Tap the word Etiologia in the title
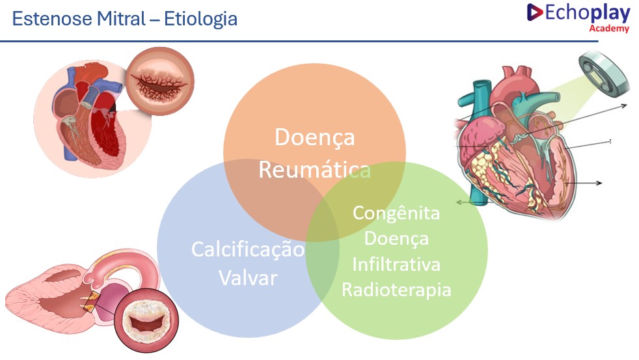pos(200,19)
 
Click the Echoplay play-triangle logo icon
pos(534,12)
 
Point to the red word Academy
pos(609,28)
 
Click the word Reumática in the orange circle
pos(314,169)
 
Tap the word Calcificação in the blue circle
pos(248,249)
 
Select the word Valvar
pos(248,278)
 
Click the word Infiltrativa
pos(396,264)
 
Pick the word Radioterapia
pos(396,290)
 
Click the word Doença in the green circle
pos(396,238)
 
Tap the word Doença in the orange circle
pos(314,137)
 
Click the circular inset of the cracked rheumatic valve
pos(160,81)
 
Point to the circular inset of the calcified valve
pos(146,320)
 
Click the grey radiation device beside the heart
pos(604,74)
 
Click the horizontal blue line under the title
pos(299,41)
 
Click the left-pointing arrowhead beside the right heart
pos(459,202)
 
